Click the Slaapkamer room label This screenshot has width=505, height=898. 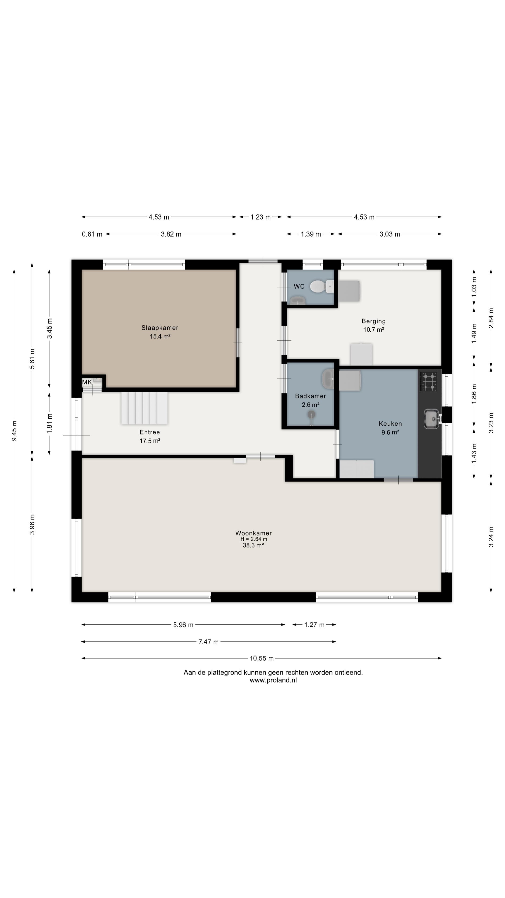[x=160, y=328]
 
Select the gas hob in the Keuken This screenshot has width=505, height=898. [x=428, y=381]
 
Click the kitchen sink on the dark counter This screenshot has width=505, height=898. [x=432, y=418]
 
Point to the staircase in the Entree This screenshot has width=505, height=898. [x=144, y=408]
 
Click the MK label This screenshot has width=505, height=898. [x=87, y=382]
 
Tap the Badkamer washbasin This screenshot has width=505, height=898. [x=328, y=379]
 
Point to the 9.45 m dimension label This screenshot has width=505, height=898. [x=14, y=431]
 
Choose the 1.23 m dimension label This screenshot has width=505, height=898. [x=260, y=217]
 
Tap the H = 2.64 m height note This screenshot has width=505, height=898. [x=253, y=539]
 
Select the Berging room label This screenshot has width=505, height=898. [x=373, y=321]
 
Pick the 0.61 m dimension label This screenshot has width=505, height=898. [x=92, y=234]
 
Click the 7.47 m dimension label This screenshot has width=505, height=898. [x=208, y=641]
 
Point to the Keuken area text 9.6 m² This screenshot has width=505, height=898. [x=390, y=432]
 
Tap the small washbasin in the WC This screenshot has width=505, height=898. [x=298, y=301]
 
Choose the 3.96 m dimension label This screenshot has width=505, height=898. [x=32, y=524]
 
